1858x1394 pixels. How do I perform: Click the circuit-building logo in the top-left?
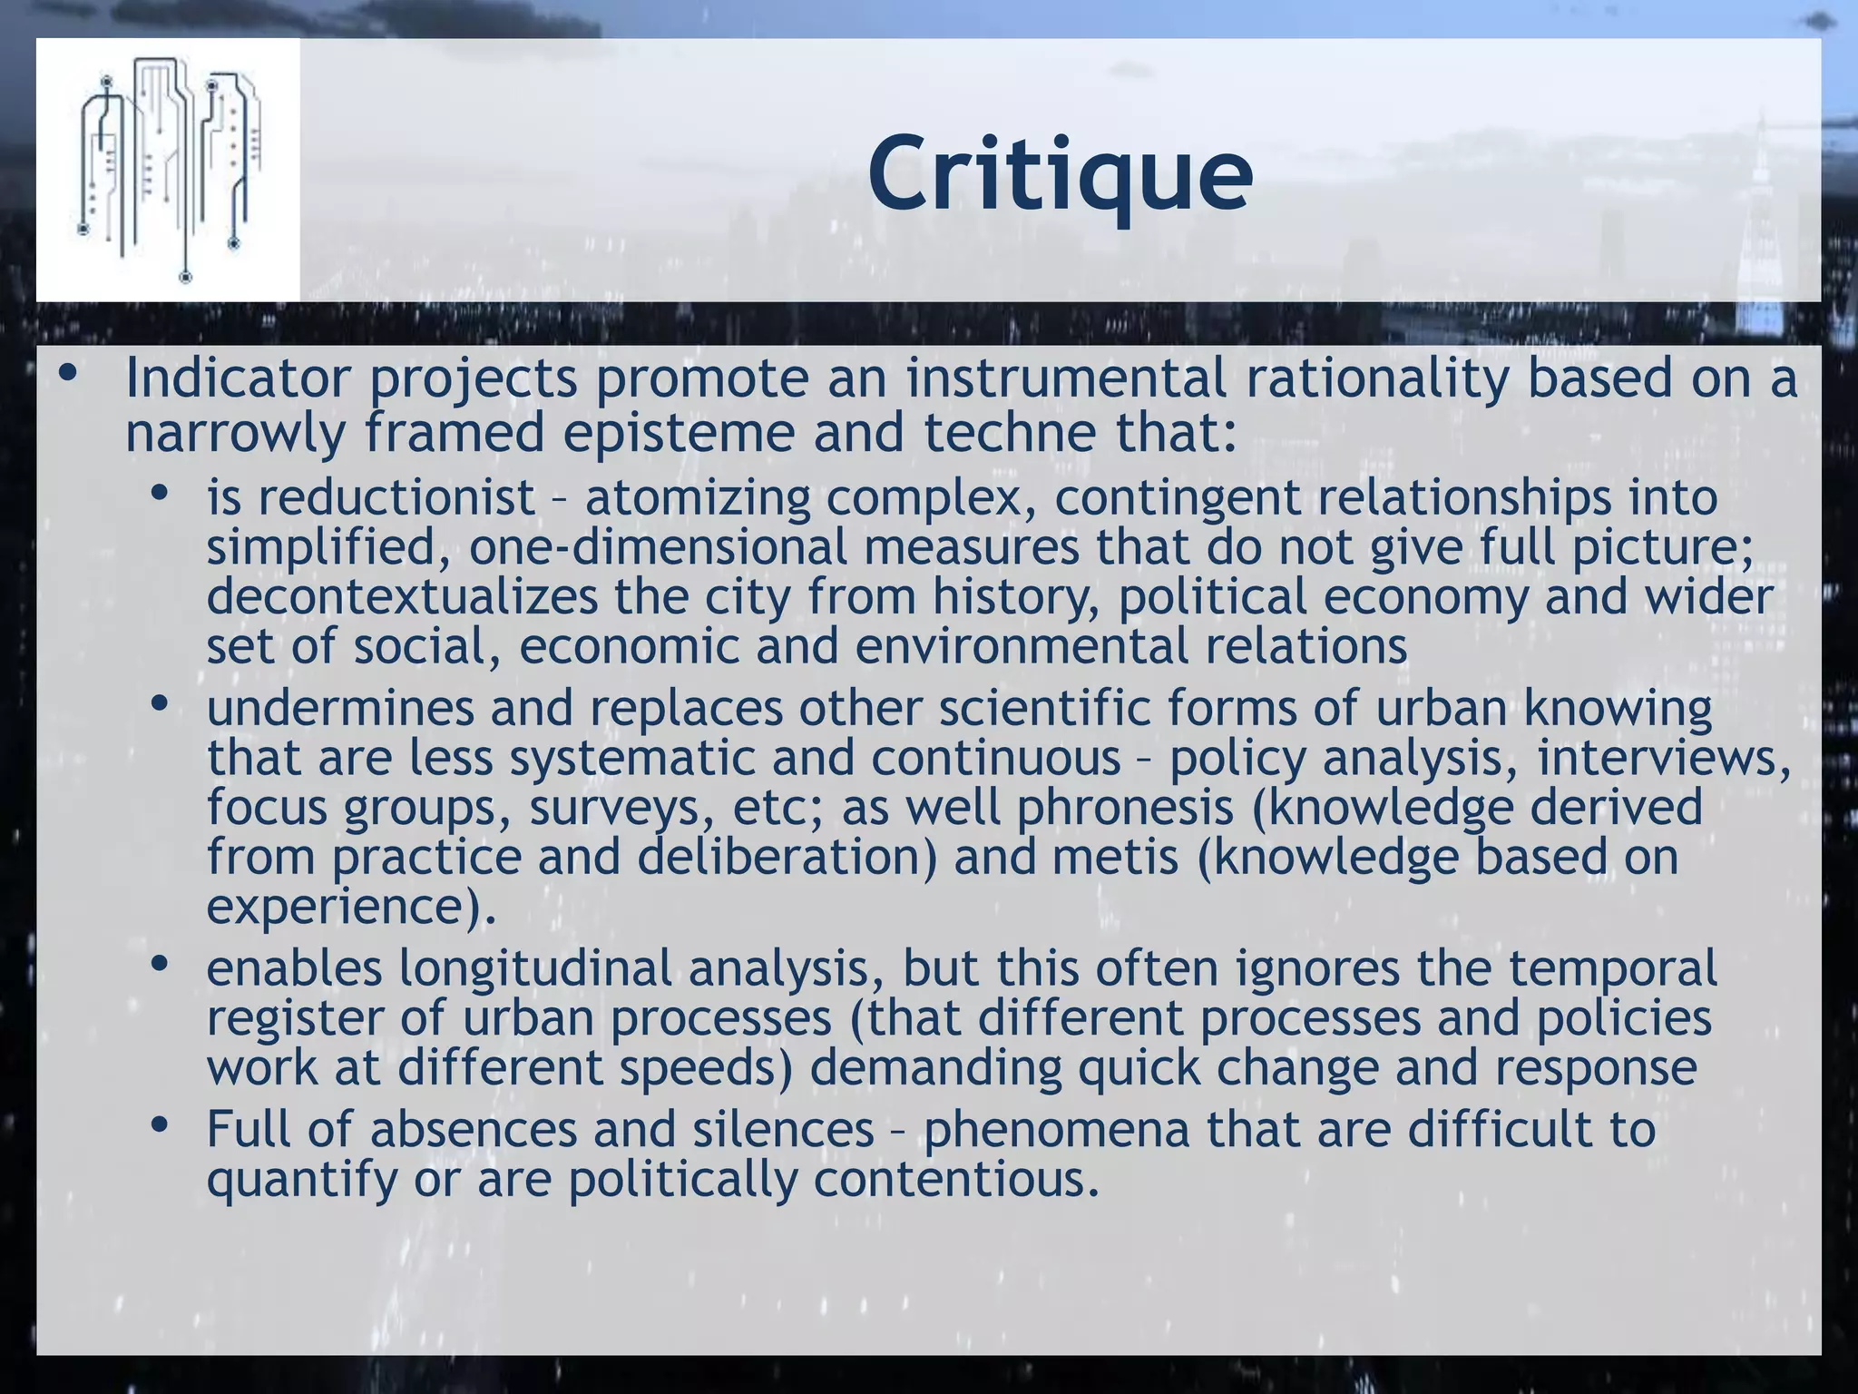pos(169,169)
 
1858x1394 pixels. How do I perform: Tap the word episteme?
pos(677,433)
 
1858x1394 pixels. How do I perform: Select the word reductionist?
pos(396,498)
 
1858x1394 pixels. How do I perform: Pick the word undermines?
pos(340,709)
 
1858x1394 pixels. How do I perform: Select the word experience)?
pos(352,907)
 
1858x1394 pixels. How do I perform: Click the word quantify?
pos(301,1180)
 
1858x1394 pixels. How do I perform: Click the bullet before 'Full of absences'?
pos(161,1125)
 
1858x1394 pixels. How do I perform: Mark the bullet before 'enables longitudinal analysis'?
pos(161,964)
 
